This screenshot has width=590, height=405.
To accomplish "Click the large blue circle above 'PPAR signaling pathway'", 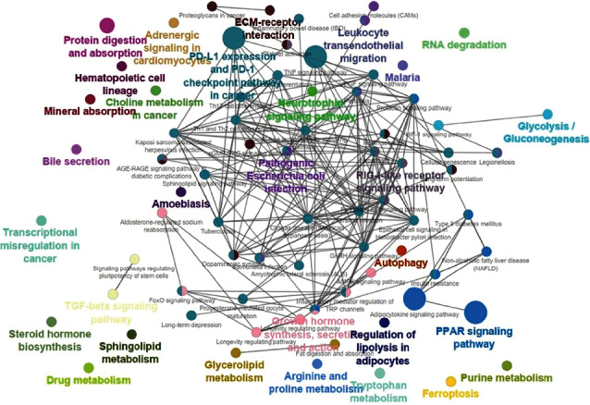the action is [x=476, y=313].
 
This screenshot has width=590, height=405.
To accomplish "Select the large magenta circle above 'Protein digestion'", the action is [x=107, y=26].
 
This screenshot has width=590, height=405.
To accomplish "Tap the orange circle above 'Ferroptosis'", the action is [x=450, y=381].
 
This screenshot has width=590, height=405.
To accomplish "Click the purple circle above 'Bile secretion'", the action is [x=76, y=148].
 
